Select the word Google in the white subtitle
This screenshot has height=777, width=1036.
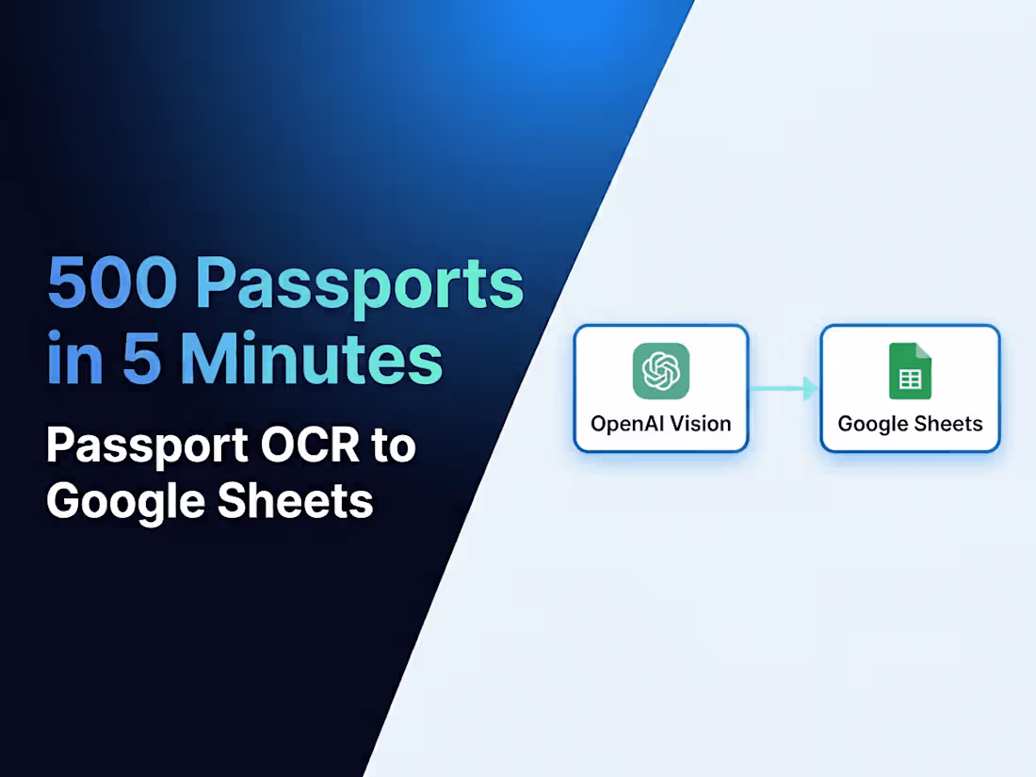(124, 500)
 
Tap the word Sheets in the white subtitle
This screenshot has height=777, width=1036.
(296, 500)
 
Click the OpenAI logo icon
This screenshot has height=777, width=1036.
(660, 370)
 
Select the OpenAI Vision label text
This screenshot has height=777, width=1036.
(660, 424)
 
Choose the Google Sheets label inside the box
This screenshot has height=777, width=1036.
(910, 424)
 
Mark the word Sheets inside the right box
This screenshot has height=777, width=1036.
(952, 424)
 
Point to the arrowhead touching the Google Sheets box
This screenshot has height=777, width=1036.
(811, 388)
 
